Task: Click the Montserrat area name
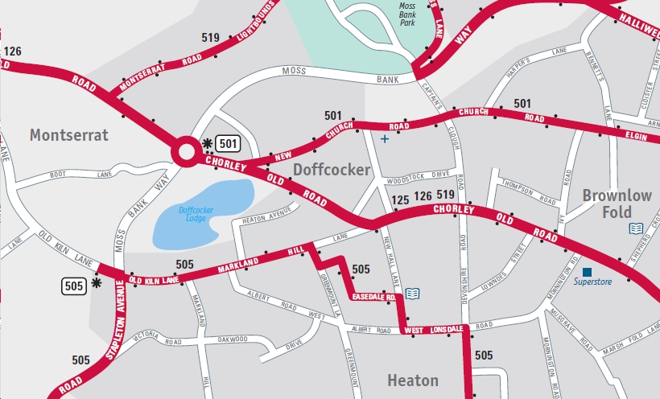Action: click(x=68, y=135)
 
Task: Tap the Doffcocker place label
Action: click(x=331, y=170)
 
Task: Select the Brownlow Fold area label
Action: click(x=617, y=203)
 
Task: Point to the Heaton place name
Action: click(x=413, y=380)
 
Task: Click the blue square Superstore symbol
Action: click(x=587, y=271)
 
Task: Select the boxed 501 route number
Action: click(x=228, y=144)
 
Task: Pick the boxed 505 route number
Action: click(x=73, y=284)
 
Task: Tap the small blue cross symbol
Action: click(x=384, y=139)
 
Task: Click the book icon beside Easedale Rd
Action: click(x=413, y=293)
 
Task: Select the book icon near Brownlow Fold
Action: click(x=636, y=228)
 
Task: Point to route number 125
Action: click(x=400, y=199)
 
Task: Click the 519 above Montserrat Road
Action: click(x=211, y=38)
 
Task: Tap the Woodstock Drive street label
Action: click(x=418, y=174)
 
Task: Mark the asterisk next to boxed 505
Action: click(x=97, y=283)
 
